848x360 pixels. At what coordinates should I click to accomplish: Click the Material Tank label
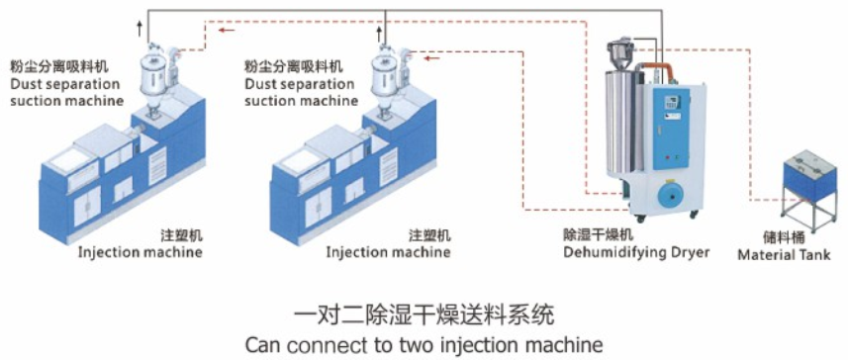(x=785, y=254)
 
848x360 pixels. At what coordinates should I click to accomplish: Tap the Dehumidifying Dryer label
(x=636, y=252)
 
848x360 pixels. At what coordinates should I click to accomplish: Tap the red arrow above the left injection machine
(x=227, y=30)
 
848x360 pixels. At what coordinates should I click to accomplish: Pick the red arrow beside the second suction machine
(x=431, y=57)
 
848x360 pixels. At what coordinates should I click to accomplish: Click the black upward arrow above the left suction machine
(x=140, y=29)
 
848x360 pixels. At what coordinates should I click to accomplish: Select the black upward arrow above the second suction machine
(x=379, y=35)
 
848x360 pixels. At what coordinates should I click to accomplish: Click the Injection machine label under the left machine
(x=141, y=252)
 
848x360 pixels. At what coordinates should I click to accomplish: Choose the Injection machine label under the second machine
(x=388, y=252)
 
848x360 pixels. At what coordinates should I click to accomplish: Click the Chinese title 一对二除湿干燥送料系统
(x=424, y=315)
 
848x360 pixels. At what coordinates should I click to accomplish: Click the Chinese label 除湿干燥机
(x=598, y=235)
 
